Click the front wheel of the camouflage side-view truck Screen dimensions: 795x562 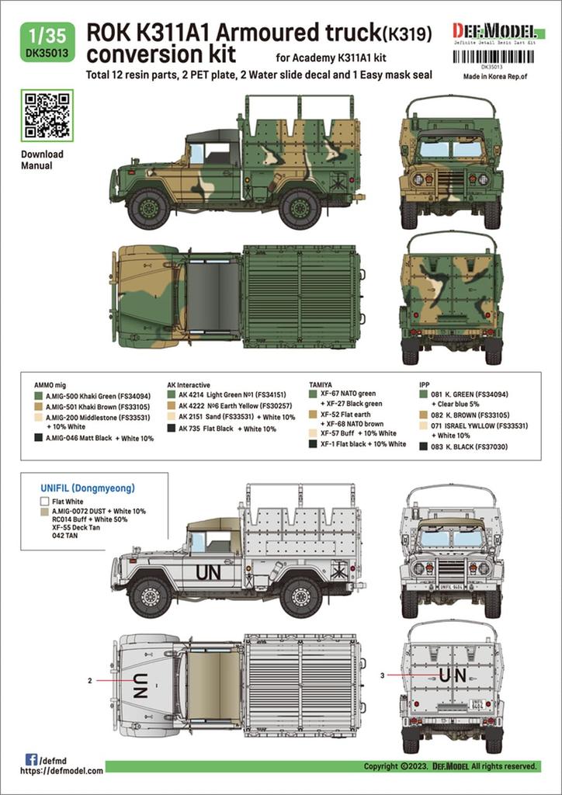click(149, 208)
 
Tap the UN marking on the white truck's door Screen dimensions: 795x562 click(208, 572)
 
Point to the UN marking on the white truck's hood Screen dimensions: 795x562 click(140, 685)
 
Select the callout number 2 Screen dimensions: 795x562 click(90, 680)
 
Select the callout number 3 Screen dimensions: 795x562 click(383, 675)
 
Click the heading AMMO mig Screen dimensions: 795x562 click(50, 384)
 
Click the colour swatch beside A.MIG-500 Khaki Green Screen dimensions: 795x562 click(38, 396)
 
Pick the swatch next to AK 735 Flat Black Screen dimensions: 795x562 click(171, 429)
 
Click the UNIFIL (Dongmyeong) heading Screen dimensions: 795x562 click(87, 488)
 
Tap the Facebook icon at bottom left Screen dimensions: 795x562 click(30, 759)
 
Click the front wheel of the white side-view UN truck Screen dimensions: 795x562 click(149, 595)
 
